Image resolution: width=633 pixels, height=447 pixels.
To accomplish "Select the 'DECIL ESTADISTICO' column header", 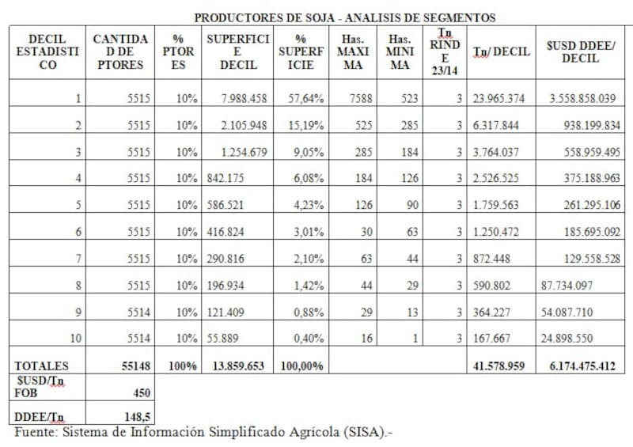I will (x=47, y=52).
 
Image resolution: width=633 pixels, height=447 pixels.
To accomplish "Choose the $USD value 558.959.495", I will (x=584, y=152).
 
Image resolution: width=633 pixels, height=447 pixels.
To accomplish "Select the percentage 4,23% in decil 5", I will (x=301, y=206).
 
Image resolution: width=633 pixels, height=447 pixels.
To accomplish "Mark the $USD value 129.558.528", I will (x=584, y=259).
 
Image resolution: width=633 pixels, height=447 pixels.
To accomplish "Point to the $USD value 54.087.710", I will (x=567, y=313).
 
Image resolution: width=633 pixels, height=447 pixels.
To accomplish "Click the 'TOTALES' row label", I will (x=42, y=366).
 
